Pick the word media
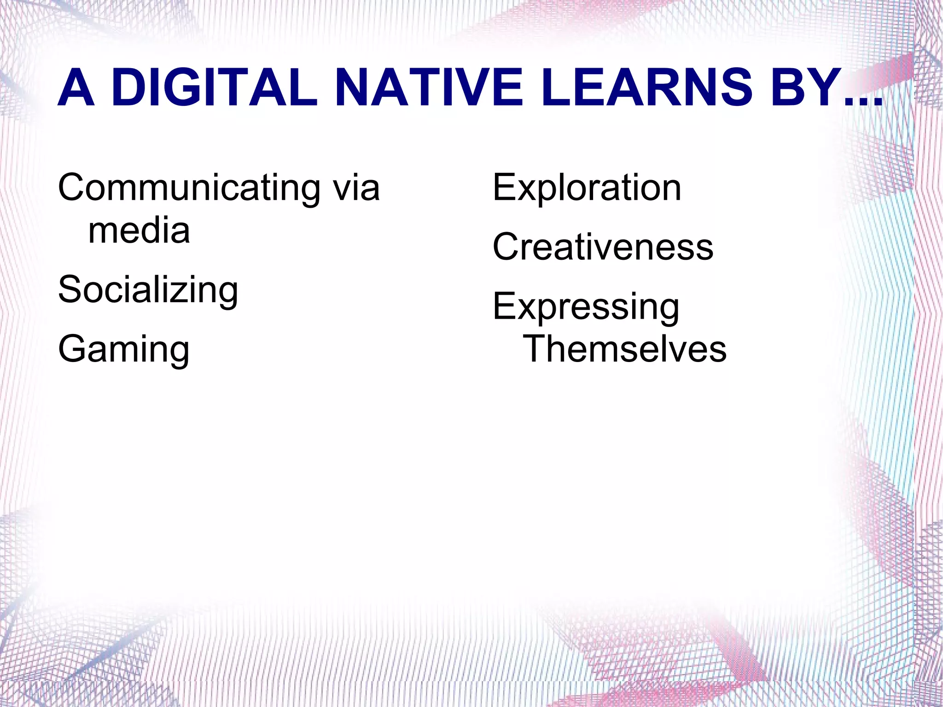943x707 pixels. tap(139, 230)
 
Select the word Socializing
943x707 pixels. tap(148, 290)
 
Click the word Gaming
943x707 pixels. tap(124, 350)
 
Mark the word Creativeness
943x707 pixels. tap(603, 247)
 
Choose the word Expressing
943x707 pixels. tap(586, 307)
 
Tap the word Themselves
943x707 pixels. tap(624, 349)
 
